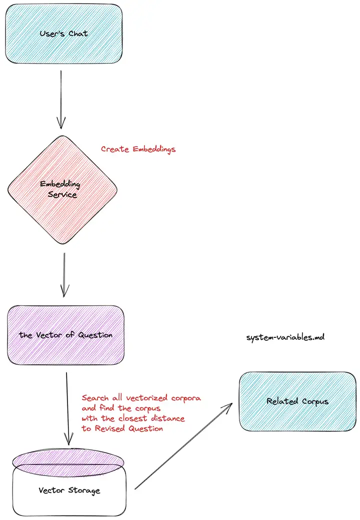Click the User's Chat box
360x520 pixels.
click(x=63, y=34)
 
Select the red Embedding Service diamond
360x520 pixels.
click(x=62, y=189)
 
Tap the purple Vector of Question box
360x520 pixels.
click(x=65, y=334)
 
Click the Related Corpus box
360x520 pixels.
click(x=297, y=401)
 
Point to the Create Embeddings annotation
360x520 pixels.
click(x=138, y=149)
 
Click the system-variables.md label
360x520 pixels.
click(x=285, y=337)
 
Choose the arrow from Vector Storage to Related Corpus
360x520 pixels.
click(x=183, y=445)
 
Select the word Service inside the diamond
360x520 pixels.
click(x=62, y=194)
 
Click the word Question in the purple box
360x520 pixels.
click(x=95, y=335)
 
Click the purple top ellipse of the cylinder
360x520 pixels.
click(x=69, y=459)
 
